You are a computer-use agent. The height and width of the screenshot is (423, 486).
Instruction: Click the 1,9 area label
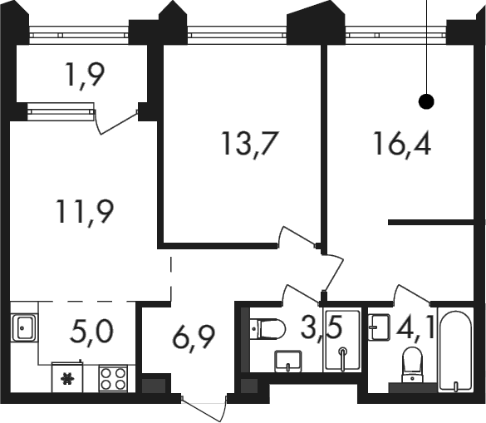click(x=86, y=76)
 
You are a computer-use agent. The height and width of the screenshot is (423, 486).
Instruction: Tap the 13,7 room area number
click(x=249, y=144)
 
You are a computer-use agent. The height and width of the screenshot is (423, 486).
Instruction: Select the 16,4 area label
click(x=402, y=144)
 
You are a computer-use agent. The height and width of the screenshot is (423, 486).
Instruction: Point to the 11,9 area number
click(x=84, y=213)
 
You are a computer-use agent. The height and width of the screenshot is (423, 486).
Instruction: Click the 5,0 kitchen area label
click(x=91, y=332)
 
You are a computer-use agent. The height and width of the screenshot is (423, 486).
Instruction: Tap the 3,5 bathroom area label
click(x=322, y=329)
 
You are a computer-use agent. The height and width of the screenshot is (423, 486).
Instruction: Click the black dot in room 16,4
click(x=426, y=101)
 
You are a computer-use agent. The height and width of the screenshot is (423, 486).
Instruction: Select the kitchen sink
click(x=24, y=327)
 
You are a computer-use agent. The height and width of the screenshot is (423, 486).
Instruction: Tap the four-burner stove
click(x=113, y=379)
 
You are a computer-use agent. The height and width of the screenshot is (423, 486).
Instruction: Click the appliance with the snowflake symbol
click(x=67, y=377)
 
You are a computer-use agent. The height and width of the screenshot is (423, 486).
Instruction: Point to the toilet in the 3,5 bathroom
click(x=268, y=329)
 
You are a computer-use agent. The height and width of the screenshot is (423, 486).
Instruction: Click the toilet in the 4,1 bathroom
click(x=412, y=364)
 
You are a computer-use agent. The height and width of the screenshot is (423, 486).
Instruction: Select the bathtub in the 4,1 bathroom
click(x=455, y=351)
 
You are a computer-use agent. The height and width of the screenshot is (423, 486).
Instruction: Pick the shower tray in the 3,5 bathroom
click(x=342, y=340)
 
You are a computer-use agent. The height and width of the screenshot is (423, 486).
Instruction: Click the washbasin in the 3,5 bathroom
click(x=288, y=362)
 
